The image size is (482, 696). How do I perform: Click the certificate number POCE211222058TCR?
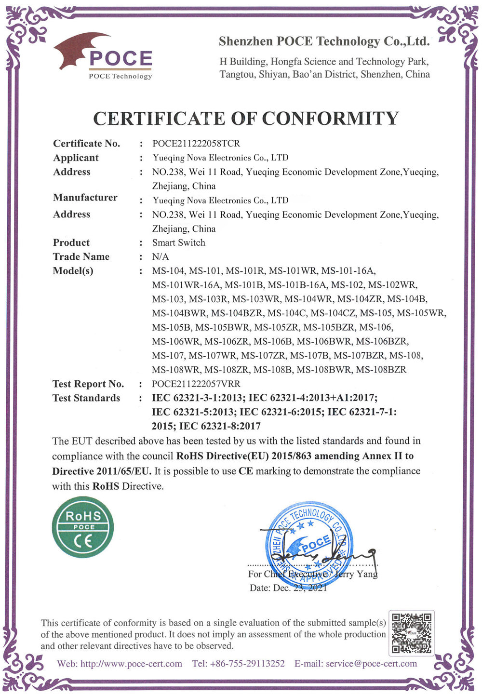coord(196,144)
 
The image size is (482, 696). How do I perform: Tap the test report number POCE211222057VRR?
coord(196,384)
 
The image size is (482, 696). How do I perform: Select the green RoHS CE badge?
coord(83,527)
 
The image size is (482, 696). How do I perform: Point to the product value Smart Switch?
coord(178,242)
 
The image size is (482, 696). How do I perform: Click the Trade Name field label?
coord(81,257)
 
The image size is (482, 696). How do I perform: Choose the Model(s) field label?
coord(73,271)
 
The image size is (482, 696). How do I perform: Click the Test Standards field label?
coord(86,398)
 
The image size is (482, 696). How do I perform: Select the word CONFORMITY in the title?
coord(330,119)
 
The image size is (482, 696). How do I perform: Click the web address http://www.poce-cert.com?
coord(131,664)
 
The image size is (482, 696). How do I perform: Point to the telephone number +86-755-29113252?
coord(247,664)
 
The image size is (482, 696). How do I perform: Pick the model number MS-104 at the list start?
coord(168,271)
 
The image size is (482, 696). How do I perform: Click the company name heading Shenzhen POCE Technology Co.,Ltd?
coord(324,41)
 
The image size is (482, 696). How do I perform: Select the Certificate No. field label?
coord(87,144)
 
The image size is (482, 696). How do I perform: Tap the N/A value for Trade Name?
coord(161,257)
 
